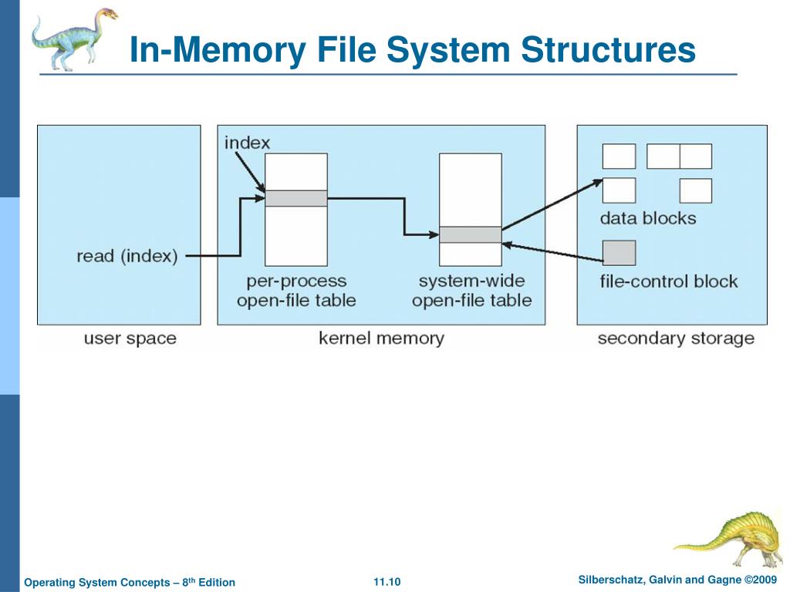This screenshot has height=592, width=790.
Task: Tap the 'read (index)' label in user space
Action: (127, 256)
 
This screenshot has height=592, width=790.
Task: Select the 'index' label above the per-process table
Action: (247, 143)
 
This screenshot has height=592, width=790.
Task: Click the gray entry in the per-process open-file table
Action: (296, 198)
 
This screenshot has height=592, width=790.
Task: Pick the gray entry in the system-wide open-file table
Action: (470, 235)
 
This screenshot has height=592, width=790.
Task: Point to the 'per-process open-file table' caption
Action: (296, 291)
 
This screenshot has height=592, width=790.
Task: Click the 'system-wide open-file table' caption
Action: (471, 291)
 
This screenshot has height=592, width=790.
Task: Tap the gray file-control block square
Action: (619, 253)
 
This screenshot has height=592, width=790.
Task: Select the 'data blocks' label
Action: (647, 218)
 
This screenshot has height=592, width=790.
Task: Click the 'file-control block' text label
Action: (668, 281)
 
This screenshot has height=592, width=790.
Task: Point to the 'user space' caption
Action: (130, 338)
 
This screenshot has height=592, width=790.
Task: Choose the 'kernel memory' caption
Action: (381, 338)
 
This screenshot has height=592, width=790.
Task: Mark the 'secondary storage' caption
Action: (675, 338)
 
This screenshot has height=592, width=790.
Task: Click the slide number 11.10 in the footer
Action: (387, 582)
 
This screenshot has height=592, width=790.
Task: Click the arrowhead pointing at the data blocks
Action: (597, 182)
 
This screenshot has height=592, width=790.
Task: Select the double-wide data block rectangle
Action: (679, 156)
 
